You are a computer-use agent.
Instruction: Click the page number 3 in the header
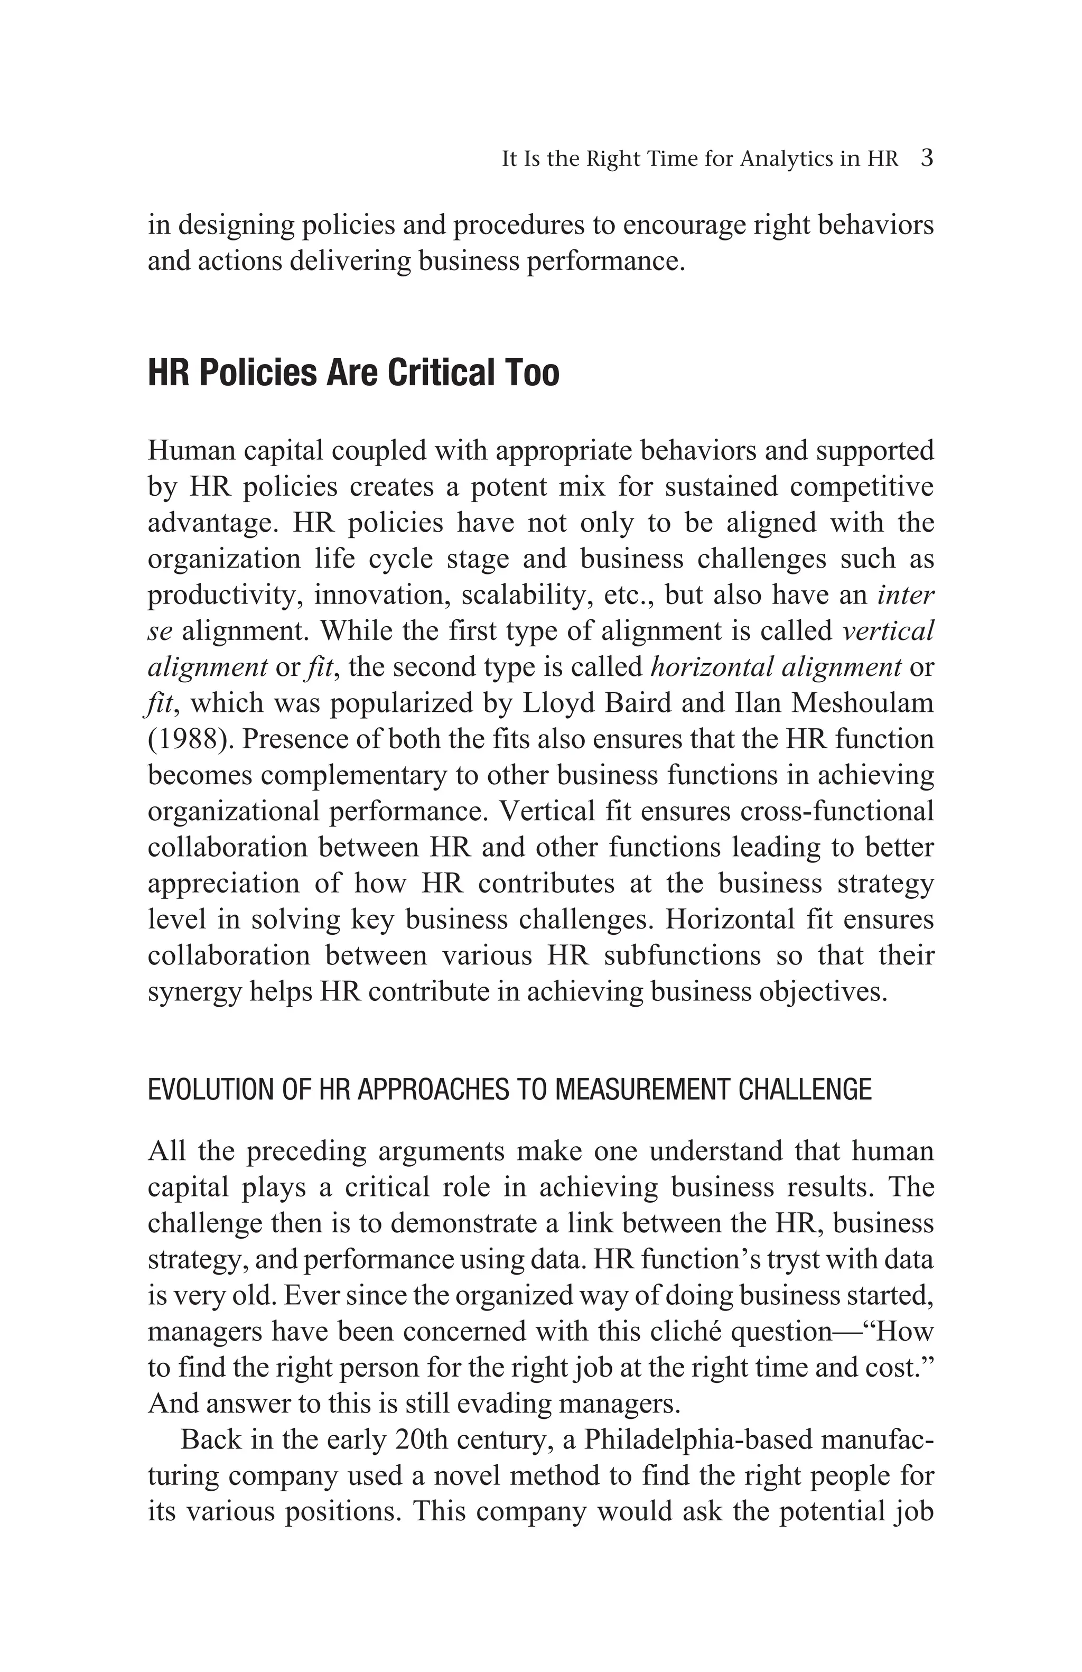coord(926,158)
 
